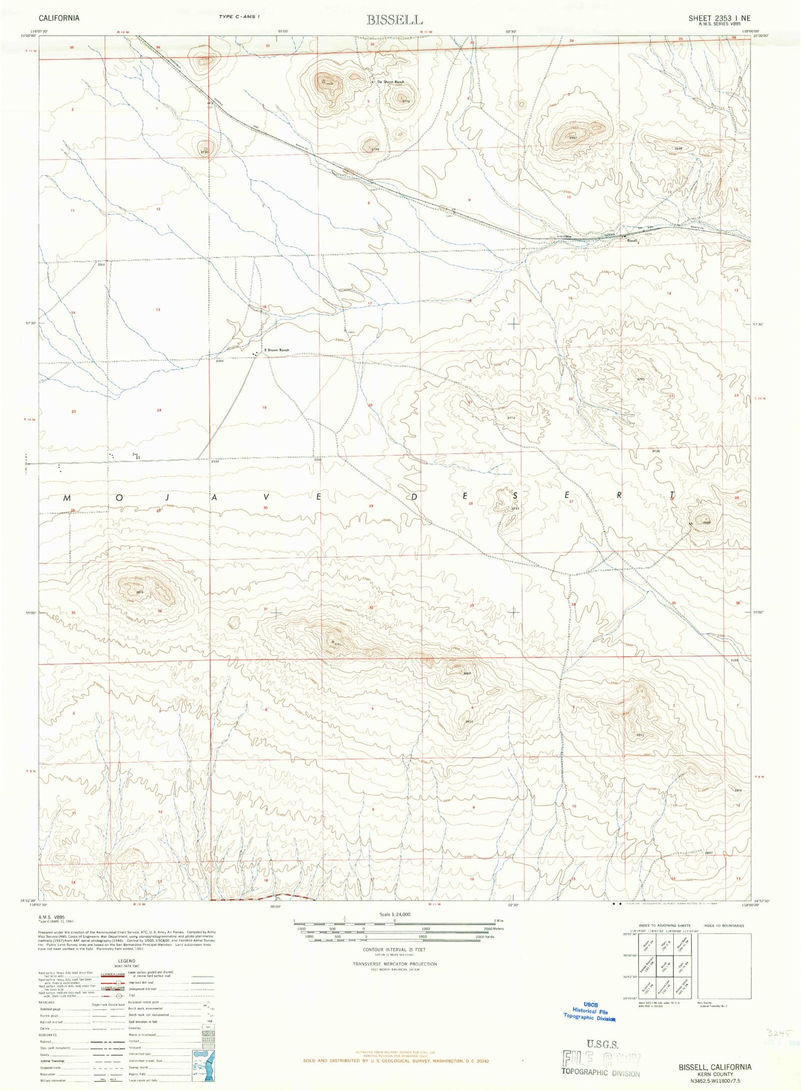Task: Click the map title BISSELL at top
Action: [x=394, y=20]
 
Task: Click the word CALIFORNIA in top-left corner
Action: [x=59, y=18]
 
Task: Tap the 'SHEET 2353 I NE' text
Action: [x=719, y=18]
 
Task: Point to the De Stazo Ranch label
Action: [x=391, y=82]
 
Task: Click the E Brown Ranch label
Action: [x=276, y=350]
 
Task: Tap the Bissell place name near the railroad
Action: [x=633, y=241]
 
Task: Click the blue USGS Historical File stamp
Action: [x=589, y=1011]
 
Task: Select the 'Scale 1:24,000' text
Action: [x=395, y=914]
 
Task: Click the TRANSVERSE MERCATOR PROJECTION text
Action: [x=394, y=964]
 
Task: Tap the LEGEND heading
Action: [x=127, y=961]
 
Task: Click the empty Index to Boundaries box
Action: [x=724, y=966]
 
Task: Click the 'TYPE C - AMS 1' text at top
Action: [x=239, y=17]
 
